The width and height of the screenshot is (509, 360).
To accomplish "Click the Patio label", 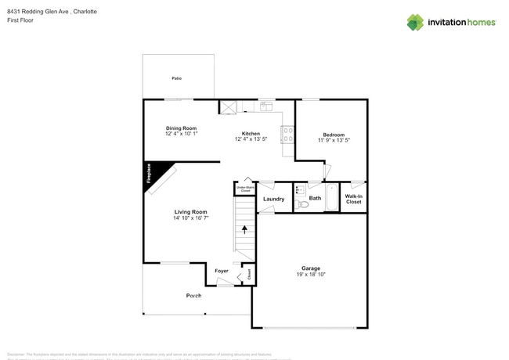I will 176,78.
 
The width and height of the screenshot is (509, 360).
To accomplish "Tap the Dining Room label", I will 181,128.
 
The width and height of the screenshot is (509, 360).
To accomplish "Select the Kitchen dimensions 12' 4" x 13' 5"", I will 251,139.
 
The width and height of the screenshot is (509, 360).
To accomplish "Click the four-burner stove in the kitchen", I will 287,135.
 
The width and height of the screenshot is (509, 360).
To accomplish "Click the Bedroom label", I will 333,135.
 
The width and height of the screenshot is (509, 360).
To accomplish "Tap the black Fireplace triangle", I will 153,172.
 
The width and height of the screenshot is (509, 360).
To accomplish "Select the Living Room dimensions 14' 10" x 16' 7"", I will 190,218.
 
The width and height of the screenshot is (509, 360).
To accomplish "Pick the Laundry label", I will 273,199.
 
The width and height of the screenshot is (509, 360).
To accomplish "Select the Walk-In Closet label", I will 354,199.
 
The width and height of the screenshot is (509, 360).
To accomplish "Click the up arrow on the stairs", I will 245,229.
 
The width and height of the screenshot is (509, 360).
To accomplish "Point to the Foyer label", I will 222,271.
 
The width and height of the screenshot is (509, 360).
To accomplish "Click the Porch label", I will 193,295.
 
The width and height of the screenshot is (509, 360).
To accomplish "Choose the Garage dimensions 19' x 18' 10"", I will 311,274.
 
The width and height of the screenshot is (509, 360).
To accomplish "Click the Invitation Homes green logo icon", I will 415,22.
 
